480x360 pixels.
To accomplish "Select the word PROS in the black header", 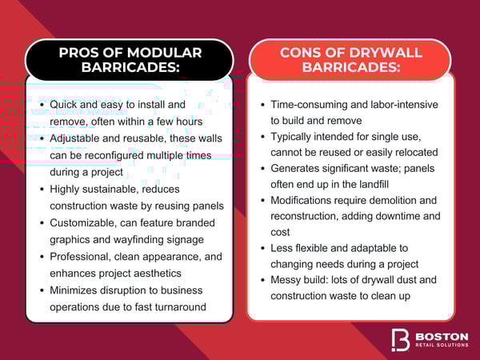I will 80,53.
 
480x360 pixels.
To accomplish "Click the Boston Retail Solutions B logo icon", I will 400,338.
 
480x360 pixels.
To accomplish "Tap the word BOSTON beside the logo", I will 441,334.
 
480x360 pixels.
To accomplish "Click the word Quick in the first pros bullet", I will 66,105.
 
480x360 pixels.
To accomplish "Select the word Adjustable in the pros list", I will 79,139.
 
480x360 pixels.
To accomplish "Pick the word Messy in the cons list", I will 286,280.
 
